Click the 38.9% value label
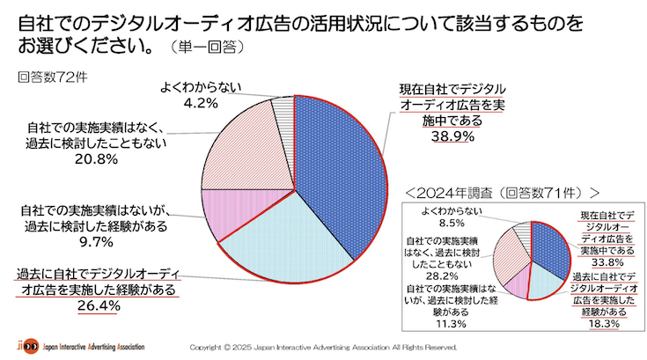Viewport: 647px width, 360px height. pos(452,137)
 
